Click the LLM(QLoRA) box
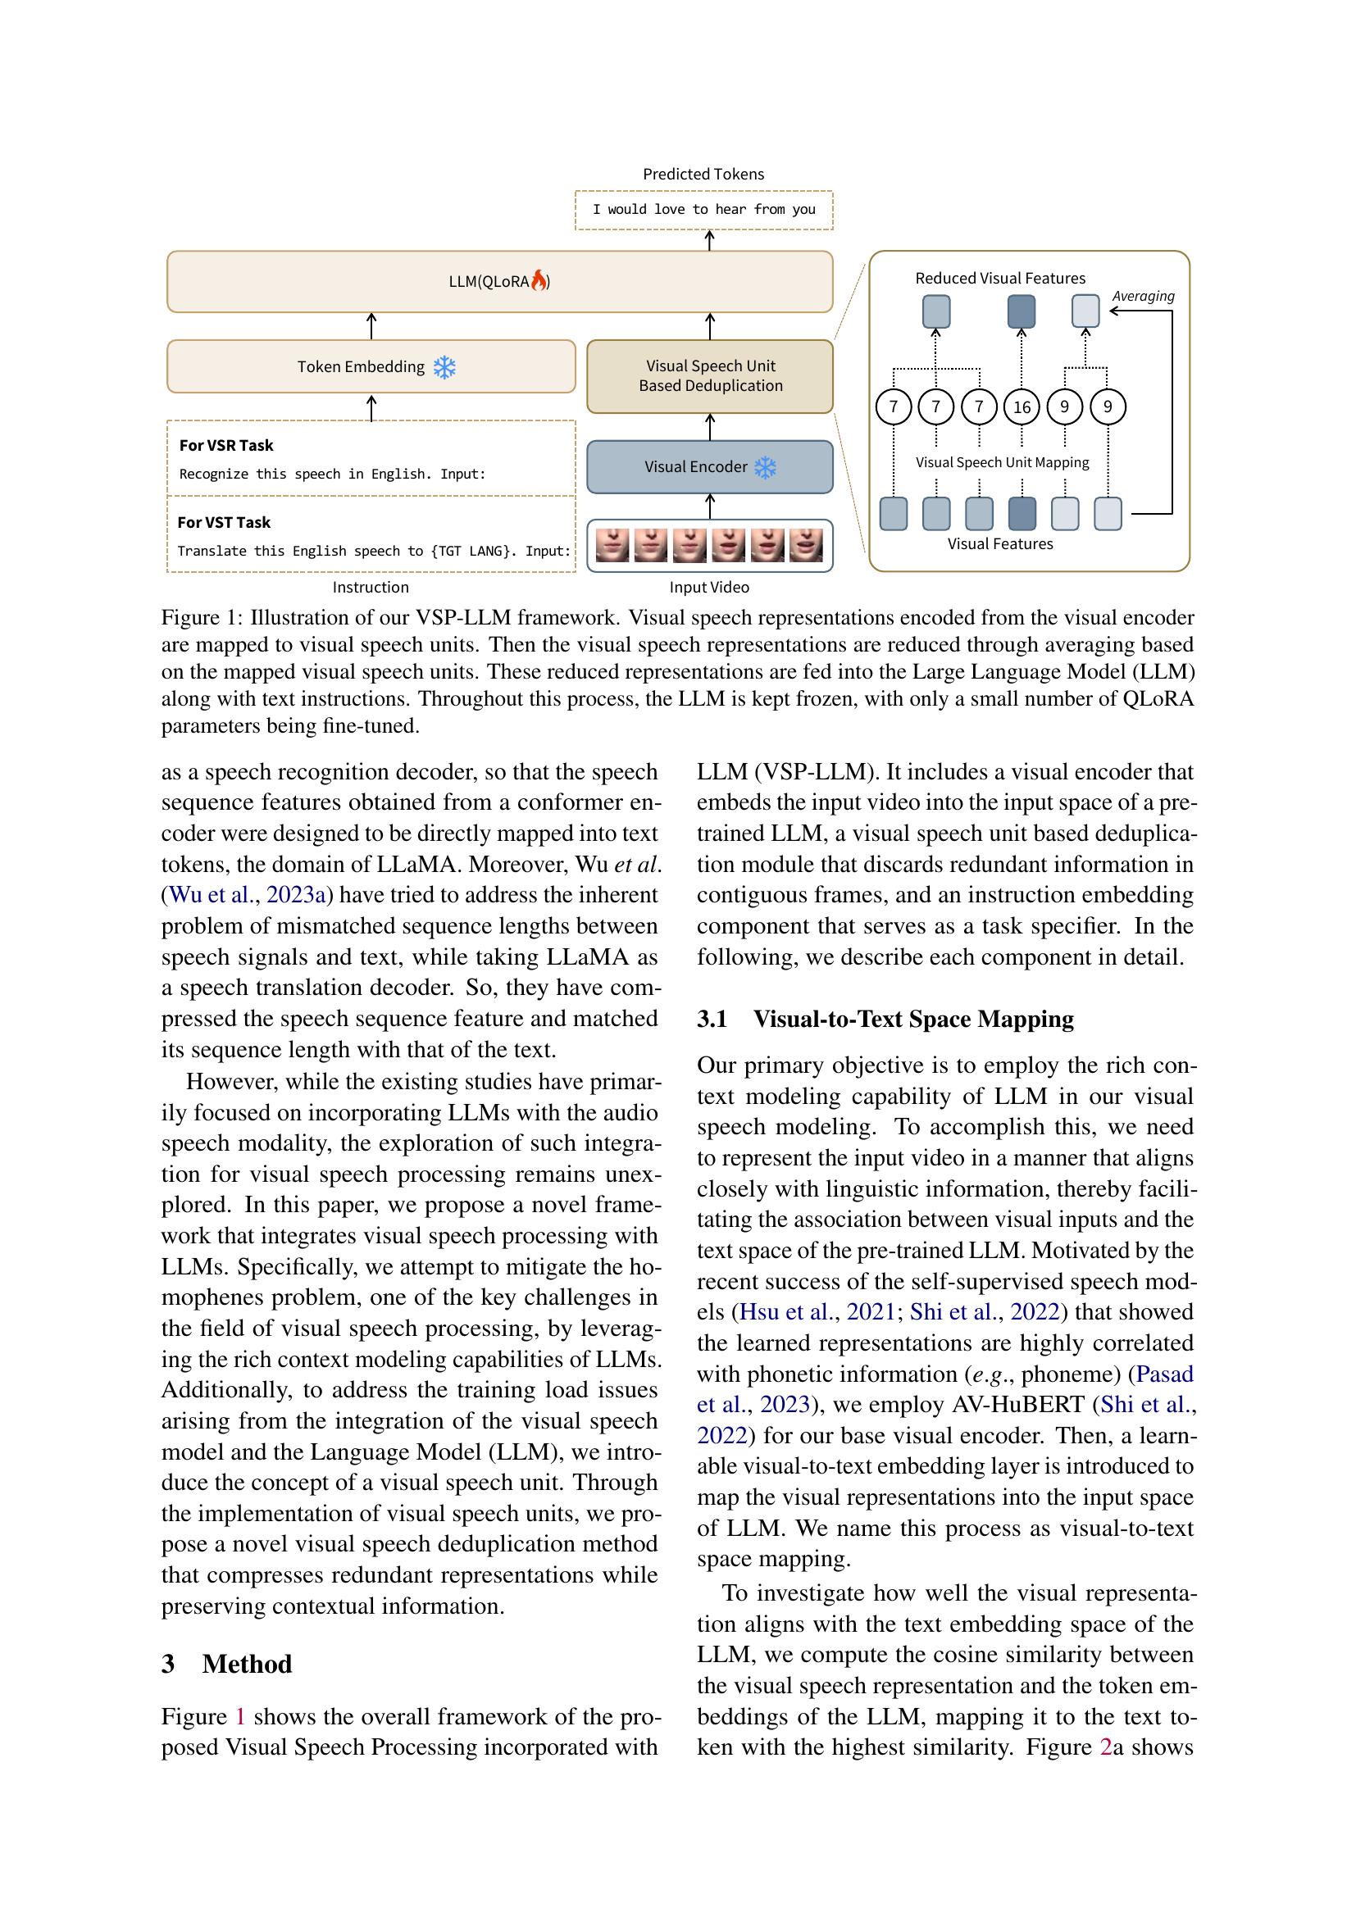[499, 281]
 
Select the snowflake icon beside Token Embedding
[444, 367]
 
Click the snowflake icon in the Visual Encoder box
[765, 466]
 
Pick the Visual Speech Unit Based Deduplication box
[710, 375]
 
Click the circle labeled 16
[1022, 407]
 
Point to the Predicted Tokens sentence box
[704, 210]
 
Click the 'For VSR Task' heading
[226, 446]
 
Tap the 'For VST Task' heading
[224, 523]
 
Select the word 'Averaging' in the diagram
[1142, 297]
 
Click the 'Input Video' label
[709, 588]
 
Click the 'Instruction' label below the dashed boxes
[371, 588]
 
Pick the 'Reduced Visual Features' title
[999, 279]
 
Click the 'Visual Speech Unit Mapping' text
[1002, 462]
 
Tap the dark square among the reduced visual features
[1022, 311]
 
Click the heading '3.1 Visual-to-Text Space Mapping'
[885, 1020]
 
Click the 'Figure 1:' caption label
[202, 618]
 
